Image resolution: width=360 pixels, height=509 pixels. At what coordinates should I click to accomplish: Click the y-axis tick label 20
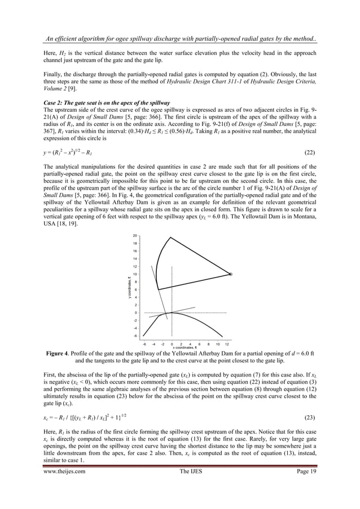(135, 235)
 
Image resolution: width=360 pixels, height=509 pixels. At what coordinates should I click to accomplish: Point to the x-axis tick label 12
(226, 344)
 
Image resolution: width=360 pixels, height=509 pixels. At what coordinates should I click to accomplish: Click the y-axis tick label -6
(135, 336)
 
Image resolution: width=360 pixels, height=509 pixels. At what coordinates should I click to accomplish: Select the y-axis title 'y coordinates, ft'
(129, 286)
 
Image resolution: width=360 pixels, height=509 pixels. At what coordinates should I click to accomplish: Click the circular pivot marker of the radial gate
(230, 274)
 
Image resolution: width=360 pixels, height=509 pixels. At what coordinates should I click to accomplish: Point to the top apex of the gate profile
(171, 238)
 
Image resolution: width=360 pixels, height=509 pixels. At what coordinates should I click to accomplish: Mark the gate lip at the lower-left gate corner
(159, 290)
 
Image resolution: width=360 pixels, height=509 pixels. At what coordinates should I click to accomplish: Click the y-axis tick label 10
(135, 274)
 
